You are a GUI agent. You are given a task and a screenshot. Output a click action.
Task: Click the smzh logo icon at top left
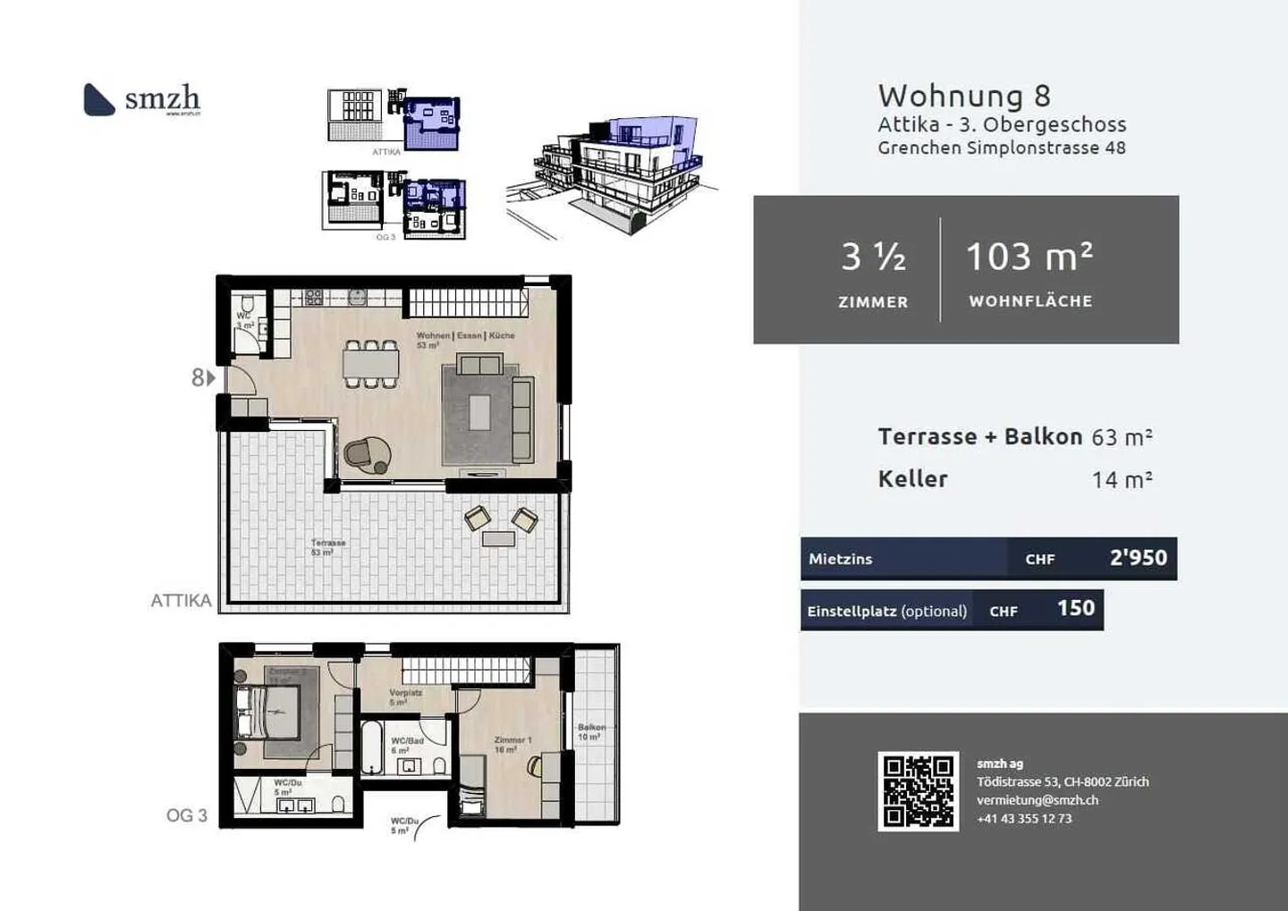click(98, 99)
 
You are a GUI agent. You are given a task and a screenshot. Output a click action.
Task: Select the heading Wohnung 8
click(964, 96)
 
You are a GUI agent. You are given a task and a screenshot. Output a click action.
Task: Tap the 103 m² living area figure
click(1030, 257)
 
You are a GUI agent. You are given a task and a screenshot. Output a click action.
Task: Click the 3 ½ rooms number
click(873, 257)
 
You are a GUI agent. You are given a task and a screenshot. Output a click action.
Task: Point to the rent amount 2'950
click(1138, 558)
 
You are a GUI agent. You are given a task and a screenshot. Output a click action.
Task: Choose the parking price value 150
click(1075, 609)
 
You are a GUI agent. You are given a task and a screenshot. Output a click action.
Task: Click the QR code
click(918, 791)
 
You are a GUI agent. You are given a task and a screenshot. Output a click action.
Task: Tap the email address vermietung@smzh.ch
click(1037, 800)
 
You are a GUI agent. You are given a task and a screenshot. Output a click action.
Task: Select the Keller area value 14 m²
click(1122, 480)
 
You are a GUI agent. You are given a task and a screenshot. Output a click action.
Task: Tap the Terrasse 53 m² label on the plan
click(327, 547)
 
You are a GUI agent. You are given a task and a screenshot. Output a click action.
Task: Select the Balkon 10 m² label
click(591, 732)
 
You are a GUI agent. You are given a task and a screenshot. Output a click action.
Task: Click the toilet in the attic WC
click(247, 306)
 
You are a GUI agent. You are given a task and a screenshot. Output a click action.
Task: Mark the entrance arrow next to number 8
click(211, 378)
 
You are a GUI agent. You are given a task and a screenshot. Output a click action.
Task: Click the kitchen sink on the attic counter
click(357, 297)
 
